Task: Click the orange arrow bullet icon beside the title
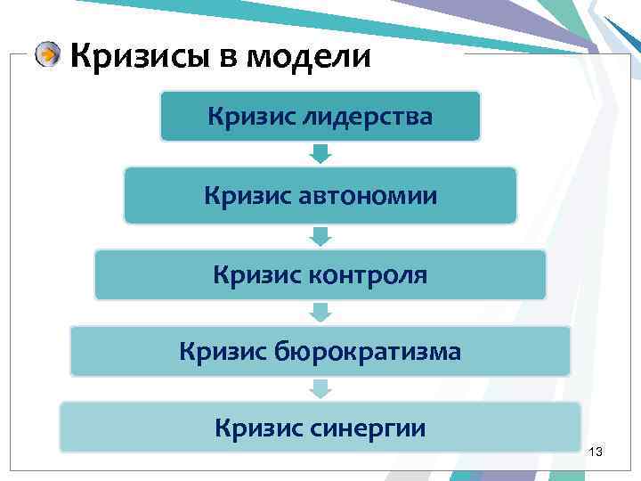(49, 56)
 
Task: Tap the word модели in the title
(306, 56)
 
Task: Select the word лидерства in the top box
(368, 117)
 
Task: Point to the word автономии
(372, 195)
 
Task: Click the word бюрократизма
(375, 352)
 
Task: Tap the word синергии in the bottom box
(370, 428)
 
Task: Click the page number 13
(596, 454)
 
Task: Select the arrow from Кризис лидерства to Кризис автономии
(320, 154)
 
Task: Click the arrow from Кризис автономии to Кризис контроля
(320, 236)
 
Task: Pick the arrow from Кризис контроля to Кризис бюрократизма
(320, 313)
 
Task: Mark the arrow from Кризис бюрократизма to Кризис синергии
(320, 388)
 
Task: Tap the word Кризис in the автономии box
(244, 195)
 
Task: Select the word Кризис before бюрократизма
(220, 352)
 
